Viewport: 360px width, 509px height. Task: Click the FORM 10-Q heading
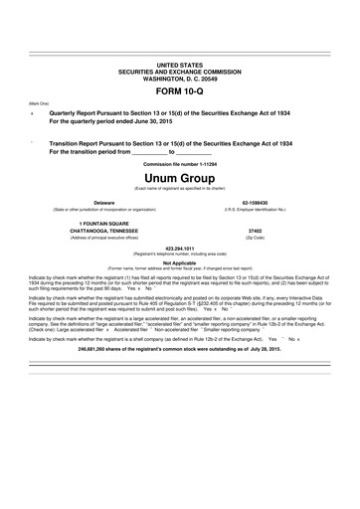pos(179,90)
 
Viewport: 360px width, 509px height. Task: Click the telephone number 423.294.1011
pos(179,248)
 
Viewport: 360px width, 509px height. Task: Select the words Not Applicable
pos(179,262)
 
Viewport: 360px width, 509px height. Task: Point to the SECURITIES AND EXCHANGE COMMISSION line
pos(179,70)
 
